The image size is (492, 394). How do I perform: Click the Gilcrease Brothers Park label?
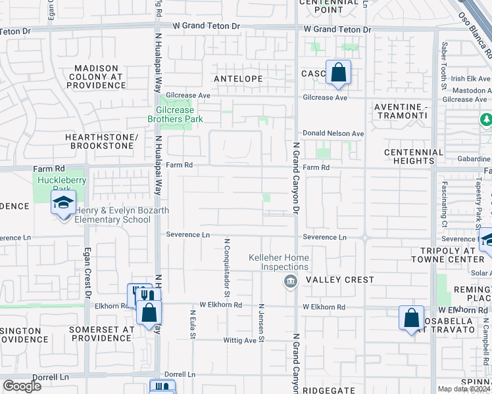[179, 114]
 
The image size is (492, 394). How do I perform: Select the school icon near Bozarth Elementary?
[63, 203]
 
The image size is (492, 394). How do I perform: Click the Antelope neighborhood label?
[238, 79]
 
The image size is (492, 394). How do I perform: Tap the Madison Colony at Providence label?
[96, 76]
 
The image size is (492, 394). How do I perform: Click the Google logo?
[22, 385]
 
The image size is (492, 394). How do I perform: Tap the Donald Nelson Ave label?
[333, 133]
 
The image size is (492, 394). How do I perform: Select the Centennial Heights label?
[414, 156]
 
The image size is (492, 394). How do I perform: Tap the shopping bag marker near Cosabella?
[411, 318]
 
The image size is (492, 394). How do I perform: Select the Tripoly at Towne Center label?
[447, 255]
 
